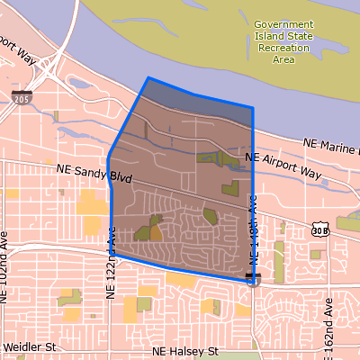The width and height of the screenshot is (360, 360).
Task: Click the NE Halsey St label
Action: coord(187,350)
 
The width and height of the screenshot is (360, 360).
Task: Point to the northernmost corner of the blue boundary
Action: coord(148,78)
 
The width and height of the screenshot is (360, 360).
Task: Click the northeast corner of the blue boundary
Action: coord(252,108)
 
